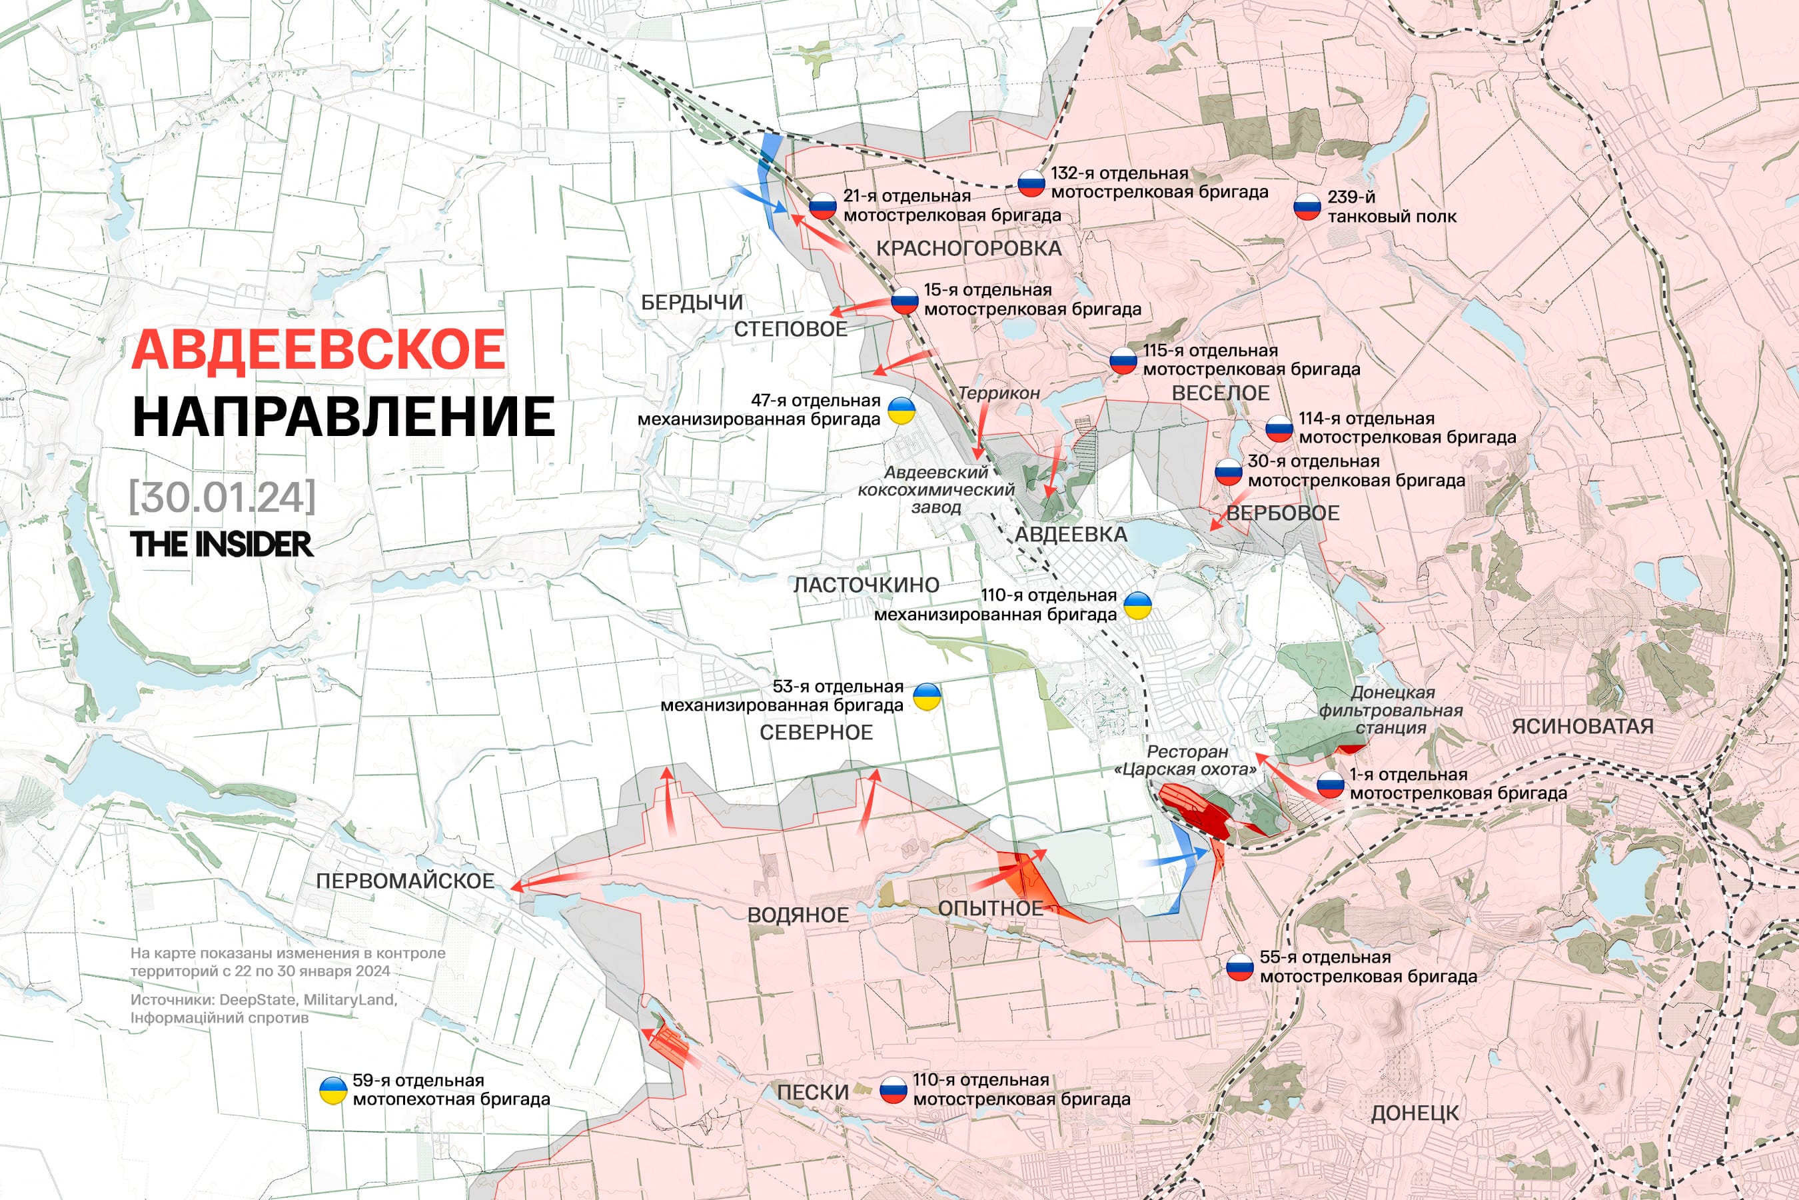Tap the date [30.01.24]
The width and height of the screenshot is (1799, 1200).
[222, 497]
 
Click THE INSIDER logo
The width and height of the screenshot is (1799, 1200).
[221, 544]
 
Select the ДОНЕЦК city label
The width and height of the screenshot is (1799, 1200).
[1415, 1113]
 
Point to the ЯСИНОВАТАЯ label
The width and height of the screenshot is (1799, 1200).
[1582, 726]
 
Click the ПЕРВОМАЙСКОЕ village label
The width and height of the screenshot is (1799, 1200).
[404, 881]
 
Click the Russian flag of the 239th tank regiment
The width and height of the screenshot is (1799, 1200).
[1307, 207]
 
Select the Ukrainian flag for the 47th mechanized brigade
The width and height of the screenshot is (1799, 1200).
[901, 411]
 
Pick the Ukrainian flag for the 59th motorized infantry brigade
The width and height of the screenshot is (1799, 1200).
[332, 1091]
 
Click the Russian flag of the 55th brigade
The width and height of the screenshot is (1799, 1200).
[1240, 967]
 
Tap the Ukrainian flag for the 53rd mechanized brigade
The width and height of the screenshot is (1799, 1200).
[927, 697]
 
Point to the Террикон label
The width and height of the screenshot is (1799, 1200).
[998, 393]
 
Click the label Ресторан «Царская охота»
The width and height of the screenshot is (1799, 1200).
[1185, 761]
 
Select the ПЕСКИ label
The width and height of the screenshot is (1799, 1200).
[812, 1093]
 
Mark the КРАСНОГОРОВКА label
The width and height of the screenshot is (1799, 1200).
[968, 249]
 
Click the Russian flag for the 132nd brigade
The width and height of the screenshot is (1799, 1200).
[1031, 184]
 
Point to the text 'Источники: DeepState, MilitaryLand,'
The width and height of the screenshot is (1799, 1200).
[263, 999]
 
